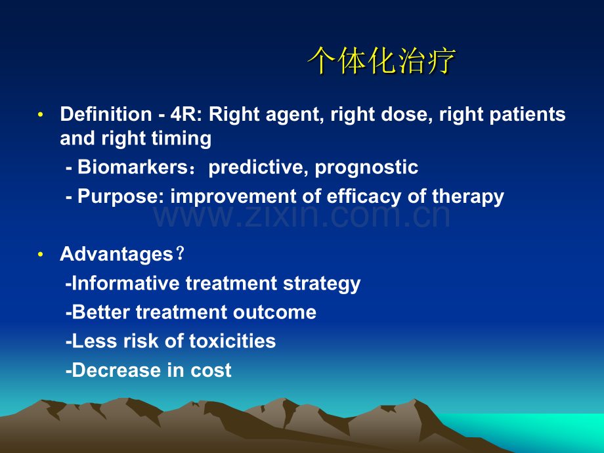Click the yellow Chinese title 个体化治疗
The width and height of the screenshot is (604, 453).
point(381,60)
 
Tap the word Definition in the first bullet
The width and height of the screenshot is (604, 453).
point(106,114)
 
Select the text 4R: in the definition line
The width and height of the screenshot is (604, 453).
point(186,114)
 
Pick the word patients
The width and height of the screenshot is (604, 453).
point(527,115)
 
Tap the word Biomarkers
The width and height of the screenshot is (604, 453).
point(133,167)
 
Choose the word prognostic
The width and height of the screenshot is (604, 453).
point(366,168)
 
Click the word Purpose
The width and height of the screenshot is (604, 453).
point(118,197)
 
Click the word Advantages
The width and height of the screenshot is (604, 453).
point(116,255)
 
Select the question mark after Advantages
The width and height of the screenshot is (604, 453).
point(180,253)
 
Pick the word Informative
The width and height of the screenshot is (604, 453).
point(125,283)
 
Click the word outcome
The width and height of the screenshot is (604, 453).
point(274,313)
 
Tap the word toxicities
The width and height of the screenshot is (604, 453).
point(232,341)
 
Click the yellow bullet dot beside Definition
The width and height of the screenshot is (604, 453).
point(41,114)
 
